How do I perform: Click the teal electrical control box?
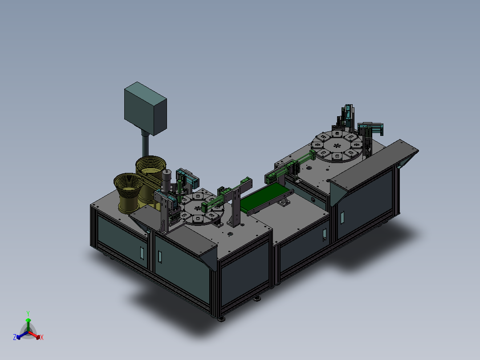coord(146,109)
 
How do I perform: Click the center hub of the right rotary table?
coord(337,146)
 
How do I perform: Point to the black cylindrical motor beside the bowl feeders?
coord(167,180)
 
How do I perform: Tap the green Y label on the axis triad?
coord(28,314)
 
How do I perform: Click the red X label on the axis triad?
coord(42,337)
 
